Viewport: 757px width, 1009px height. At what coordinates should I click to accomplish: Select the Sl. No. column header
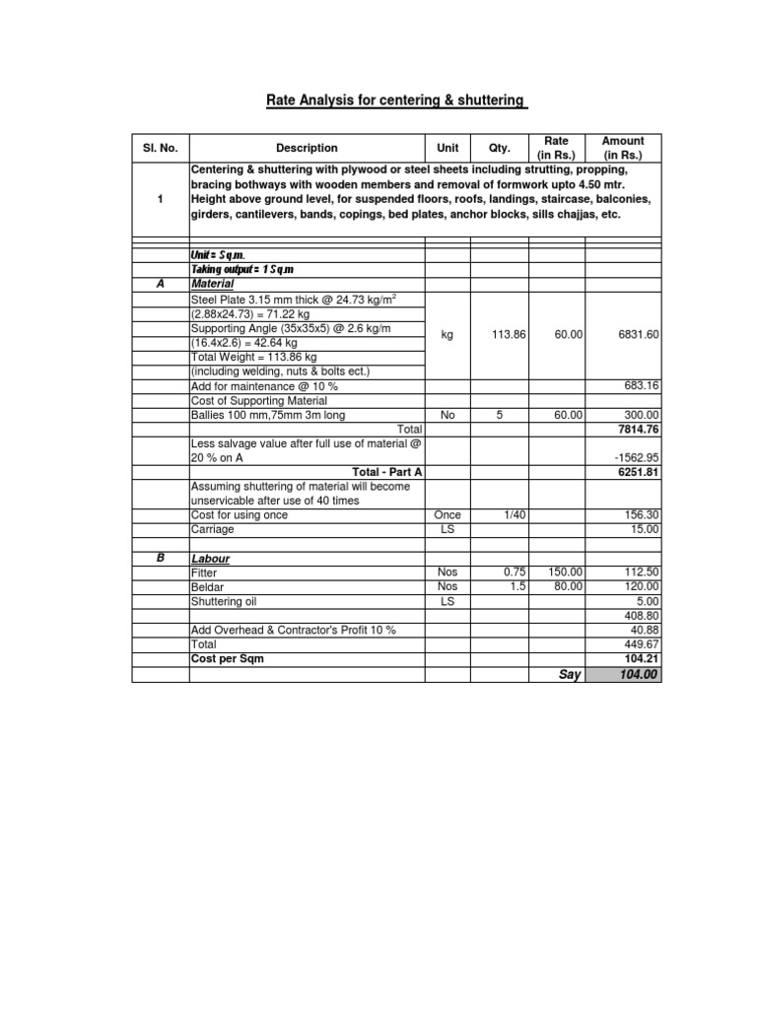(160, 148)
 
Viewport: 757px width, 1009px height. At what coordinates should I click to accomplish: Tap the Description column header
(307, 148)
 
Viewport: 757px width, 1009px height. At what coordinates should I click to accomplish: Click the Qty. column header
(500, 148)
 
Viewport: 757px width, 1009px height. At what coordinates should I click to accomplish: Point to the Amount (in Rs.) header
(623, 148)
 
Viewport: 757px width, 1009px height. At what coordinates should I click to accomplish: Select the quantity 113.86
(509, 335)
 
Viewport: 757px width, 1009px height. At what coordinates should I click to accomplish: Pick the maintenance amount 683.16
(642, 385)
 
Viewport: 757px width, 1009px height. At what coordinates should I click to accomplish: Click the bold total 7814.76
(639, 430)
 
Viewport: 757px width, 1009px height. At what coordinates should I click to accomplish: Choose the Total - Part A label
(386, 472)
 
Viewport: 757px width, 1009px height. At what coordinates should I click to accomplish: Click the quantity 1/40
(501, 515)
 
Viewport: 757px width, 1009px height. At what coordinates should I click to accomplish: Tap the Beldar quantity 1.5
(516, 586)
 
